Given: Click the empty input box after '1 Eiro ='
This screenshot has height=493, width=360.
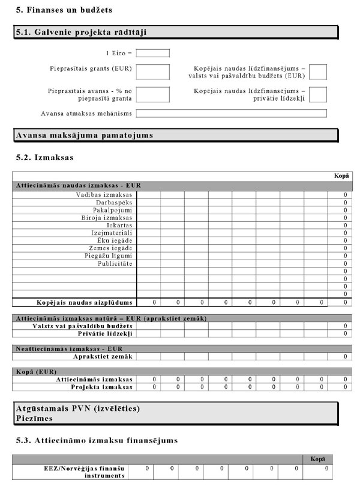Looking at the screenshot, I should [152, 53].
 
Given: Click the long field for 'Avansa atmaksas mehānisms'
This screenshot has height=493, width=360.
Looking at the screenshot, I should [231, 113].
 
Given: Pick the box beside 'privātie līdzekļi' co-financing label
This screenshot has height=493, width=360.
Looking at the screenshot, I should [318, 95].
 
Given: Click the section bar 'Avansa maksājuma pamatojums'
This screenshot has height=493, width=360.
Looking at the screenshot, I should [84, 136].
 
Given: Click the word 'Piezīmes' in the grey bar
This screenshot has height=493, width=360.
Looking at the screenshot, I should [34, 419].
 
